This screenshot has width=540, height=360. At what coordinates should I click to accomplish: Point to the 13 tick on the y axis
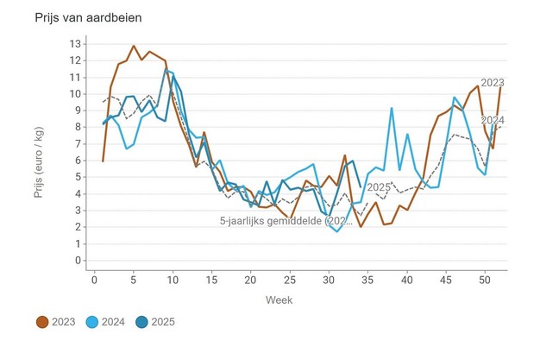tap(76, 44)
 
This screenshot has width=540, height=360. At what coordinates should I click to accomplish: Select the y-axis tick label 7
tap(78, 144)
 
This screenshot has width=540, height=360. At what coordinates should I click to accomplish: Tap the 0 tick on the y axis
tap(78, 261)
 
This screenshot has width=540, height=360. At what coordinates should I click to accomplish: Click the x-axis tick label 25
tap(290, 279)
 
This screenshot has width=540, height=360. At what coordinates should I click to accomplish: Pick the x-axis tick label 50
tap(485, 279)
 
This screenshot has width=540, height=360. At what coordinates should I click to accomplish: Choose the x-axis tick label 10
tap(173, 279)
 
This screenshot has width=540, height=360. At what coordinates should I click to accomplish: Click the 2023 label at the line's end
tap(492, 83)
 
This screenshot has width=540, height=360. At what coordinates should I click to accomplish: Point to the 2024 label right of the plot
tap(492, 120)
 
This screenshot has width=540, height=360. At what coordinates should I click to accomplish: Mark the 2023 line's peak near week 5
tap(134, 46)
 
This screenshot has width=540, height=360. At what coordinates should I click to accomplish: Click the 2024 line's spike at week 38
tap(392, 109)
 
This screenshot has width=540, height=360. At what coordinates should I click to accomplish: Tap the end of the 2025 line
tap(360, 186)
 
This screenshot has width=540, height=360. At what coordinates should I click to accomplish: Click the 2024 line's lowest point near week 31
tap(337, 231)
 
